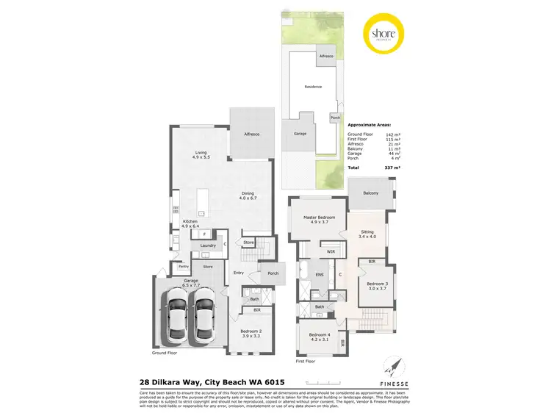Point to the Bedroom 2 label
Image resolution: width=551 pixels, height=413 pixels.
click(251, 331)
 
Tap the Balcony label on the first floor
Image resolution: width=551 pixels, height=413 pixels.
click(370, 193)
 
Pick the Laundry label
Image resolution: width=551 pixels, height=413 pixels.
click(207, 246)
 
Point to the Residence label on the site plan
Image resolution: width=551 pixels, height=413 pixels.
click(314, 87)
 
